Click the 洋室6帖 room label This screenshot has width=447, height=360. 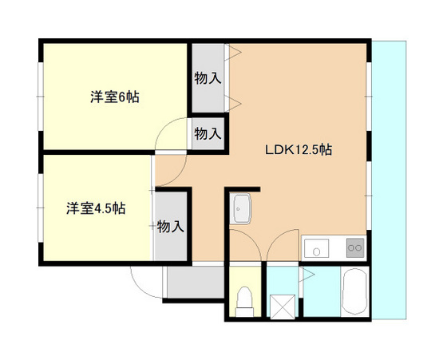coord(114,97)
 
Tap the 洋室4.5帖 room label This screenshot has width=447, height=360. coord(96,208)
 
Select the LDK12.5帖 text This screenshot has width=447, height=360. coord(299,149)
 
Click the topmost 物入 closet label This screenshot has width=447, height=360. coord(208,78)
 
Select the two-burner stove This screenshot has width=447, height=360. coord(354,249)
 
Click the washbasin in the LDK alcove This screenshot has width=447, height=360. coord(241,212)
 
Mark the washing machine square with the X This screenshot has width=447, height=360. coord(281,304)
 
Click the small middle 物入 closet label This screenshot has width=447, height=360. coord(208,133)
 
